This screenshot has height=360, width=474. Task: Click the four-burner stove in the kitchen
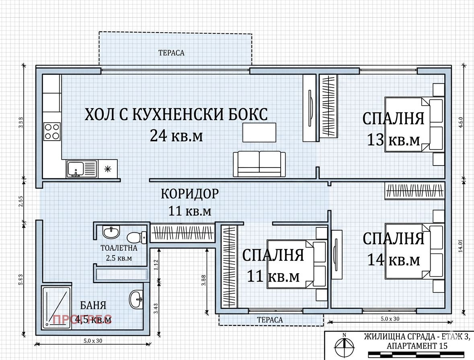(x=52, y=131)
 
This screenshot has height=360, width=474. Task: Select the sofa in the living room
(x=259, y=164)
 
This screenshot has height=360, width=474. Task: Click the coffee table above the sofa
(x=259, y=132)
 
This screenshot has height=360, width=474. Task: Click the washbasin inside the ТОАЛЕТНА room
(x=111, y=232)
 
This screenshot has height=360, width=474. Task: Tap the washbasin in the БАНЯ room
(x=136, y=299)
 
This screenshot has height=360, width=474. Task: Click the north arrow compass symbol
(x=345, y=344)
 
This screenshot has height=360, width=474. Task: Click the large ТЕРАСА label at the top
(x=171, y=53)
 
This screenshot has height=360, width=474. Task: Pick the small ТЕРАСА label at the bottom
(x=270, y=320)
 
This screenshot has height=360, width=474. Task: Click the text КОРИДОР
(x=190, y=194)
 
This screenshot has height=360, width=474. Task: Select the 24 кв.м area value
(x=176, y=136)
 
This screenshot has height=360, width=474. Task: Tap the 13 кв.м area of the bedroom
(x=393, y=140)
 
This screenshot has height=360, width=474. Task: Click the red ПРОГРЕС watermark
(x=82, y=320)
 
